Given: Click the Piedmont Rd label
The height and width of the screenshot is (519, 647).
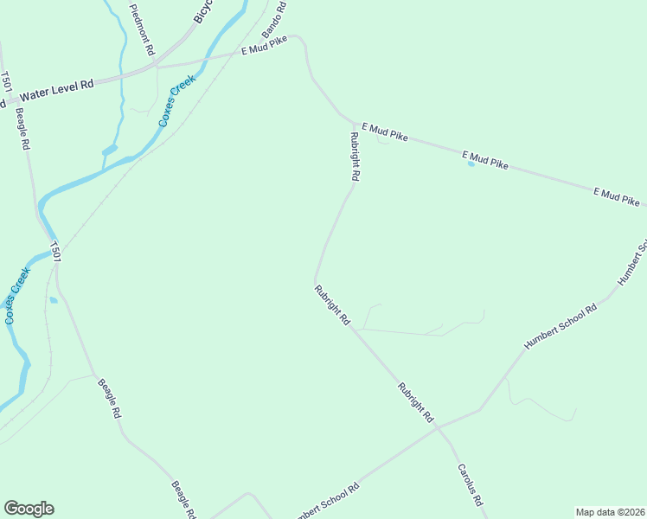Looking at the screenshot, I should (140, 30).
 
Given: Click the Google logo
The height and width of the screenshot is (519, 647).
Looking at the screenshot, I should (29, 509).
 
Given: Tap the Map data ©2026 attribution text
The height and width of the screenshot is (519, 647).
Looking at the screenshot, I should (610, 511).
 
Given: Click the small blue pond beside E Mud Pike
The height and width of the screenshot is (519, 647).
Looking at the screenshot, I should (471, 163).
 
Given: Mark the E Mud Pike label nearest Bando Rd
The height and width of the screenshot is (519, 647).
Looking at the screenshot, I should (263, 49).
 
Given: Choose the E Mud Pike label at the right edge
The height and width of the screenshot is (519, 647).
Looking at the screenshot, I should (617, 196).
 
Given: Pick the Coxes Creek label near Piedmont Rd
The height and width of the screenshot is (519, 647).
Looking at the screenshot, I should (177, 100).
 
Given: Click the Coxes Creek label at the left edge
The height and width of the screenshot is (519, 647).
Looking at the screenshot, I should (17, 295).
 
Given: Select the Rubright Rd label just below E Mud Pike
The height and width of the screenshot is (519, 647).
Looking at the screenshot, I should (354, 156).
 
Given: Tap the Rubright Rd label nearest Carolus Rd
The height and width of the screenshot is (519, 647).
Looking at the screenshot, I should (415, 402).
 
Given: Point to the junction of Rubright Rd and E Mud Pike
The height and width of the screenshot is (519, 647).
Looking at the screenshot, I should (353, 122).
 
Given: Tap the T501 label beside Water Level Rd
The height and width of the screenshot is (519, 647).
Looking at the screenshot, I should (6, 83).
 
